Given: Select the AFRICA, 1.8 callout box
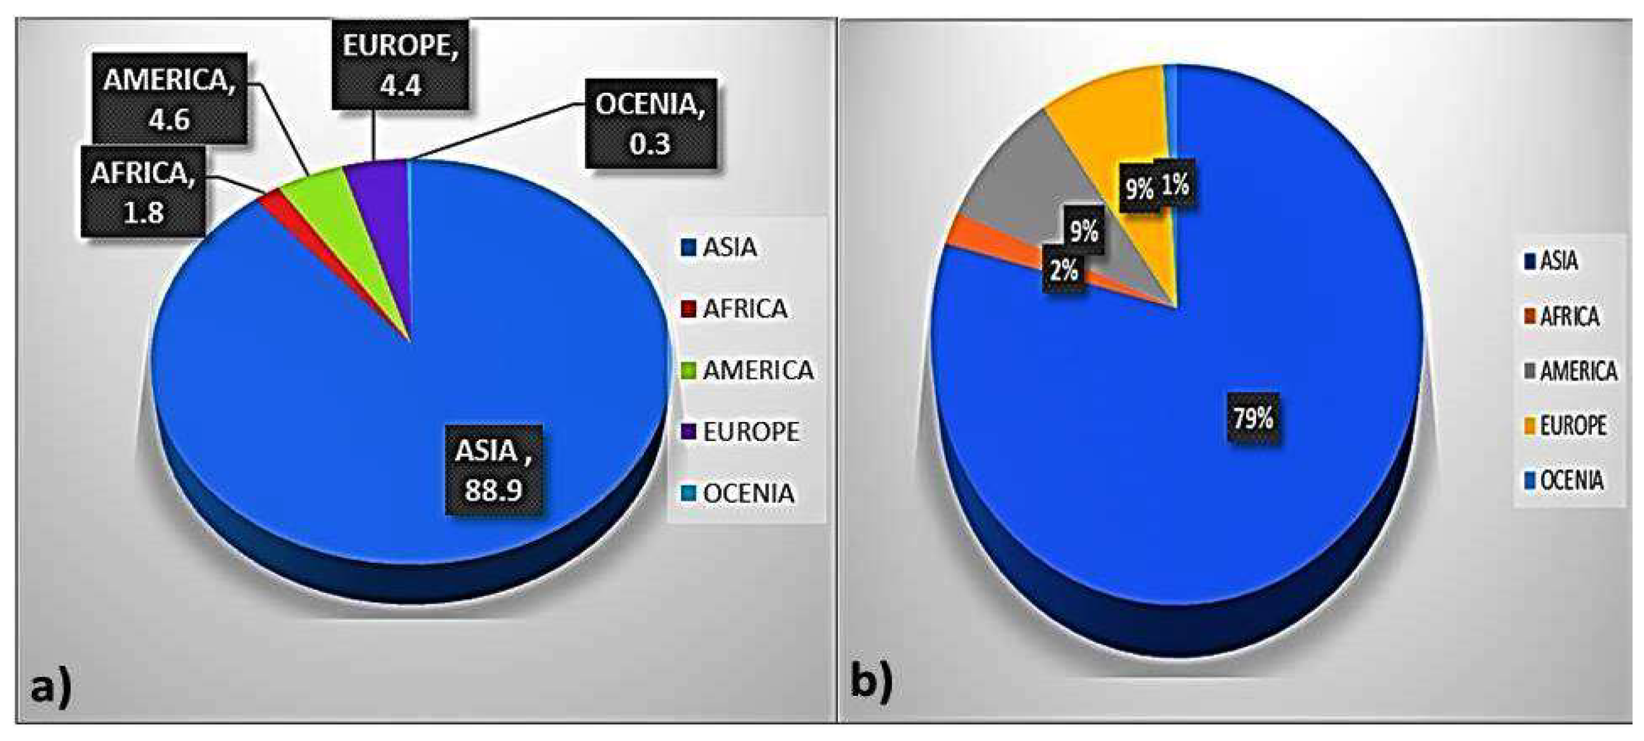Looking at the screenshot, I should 143,192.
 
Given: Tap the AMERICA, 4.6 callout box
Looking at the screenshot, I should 169,100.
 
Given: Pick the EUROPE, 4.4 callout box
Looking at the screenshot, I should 400,65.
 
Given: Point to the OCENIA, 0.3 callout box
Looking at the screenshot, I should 650,124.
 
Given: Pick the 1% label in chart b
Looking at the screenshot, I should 1175,186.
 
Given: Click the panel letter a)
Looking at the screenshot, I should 51,688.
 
